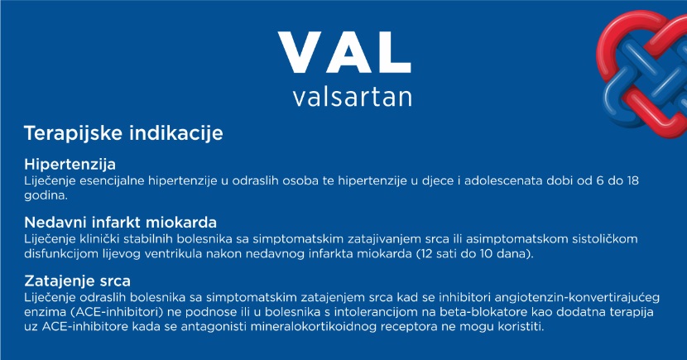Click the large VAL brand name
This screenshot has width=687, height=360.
[344, 53]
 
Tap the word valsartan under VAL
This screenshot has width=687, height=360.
[353, 97]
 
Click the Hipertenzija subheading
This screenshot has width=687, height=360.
[70, 165]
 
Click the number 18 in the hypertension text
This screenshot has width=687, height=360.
[632, 180]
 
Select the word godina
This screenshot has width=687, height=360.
[46, 195]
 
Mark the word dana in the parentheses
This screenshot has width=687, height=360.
[512, 253]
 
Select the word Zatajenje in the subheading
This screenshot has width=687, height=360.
[53, 281]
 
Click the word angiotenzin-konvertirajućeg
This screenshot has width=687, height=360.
[577, 298]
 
